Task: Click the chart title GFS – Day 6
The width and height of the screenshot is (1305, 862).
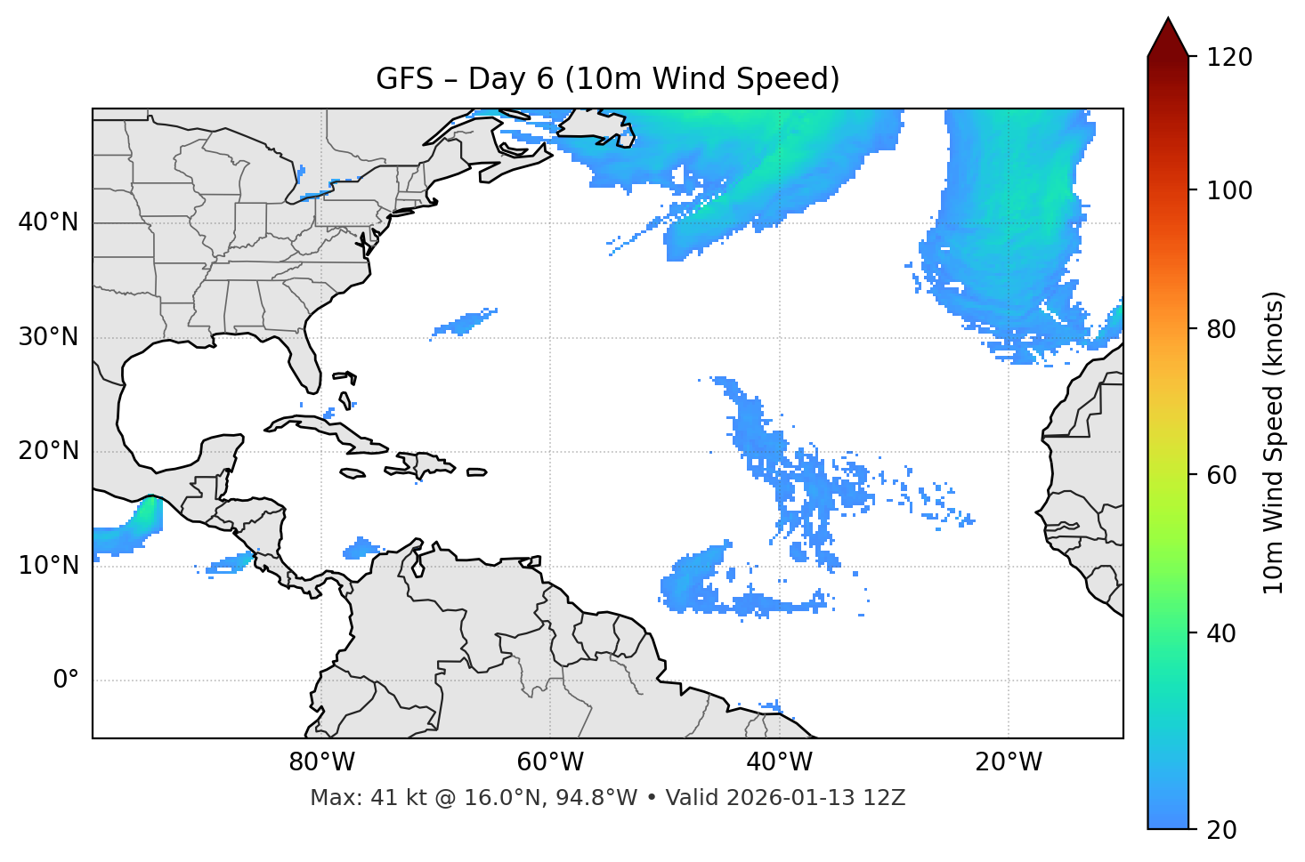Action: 607,79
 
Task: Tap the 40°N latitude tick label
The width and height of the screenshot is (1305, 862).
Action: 48,222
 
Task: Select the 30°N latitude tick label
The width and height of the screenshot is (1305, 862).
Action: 48,337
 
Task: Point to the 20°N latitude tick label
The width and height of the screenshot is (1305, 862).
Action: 48,451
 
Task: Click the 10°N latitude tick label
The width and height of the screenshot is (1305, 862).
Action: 48,566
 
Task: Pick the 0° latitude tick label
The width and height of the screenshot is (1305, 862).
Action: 66,681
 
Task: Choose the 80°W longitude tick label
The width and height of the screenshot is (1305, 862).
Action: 321,762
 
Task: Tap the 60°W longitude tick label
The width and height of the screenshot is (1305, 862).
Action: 550,762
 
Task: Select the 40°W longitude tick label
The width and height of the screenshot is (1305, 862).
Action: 779,762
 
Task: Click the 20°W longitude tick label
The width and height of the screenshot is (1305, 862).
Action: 1008,762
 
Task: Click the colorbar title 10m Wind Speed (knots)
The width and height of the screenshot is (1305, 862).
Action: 1274,442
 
